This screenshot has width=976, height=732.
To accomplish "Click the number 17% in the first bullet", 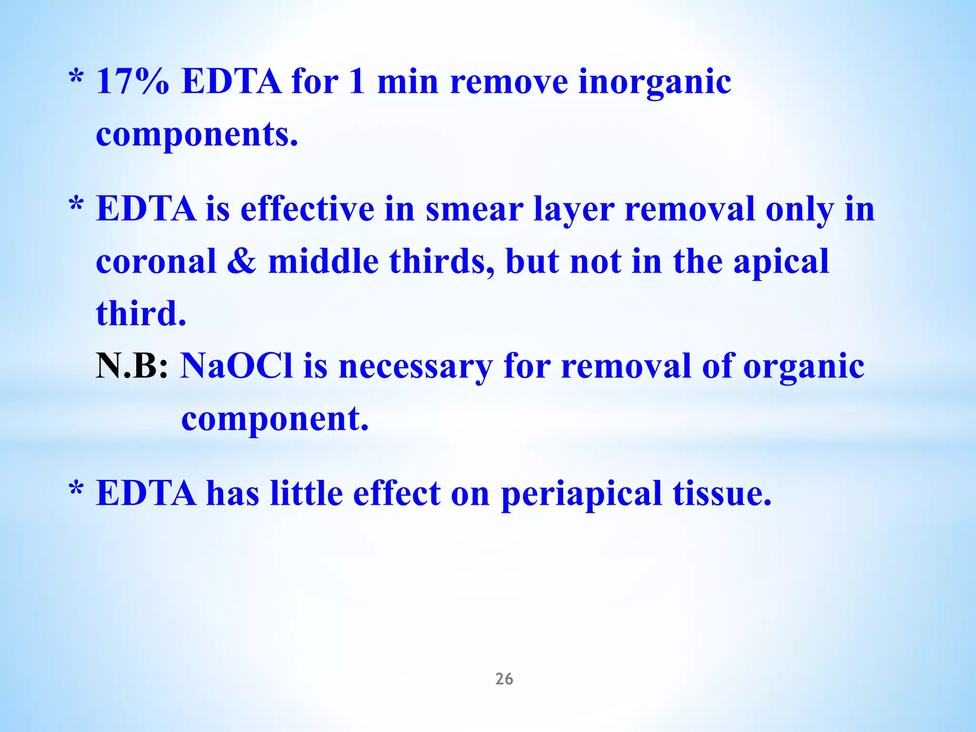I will [x=132, y=81].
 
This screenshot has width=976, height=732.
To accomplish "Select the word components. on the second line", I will [x=197, y=135].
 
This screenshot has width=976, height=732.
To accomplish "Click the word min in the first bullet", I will [x=407, y=81].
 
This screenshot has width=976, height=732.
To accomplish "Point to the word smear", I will [x=474, y=210].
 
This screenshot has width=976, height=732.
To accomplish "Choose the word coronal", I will [x=156, y=262].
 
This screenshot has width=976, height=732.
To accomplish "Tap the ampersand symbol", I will [x=242, y=262].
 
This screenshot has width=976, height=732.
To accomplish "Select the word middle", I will [x=323, y=262].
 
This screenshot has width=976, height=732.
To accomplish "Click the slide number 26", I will [x=504, y=679].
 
